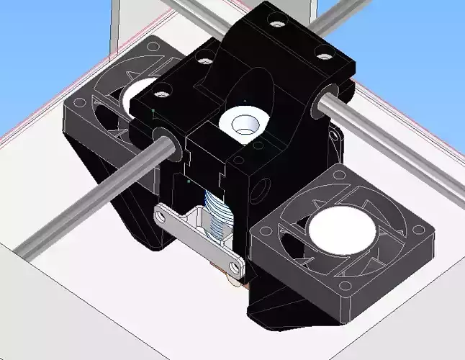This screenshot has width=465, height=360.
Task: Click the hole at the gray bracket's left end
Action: tap(165, 213)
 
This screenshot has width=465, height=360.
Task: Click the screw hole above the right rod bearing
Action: tap(324, 55)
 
